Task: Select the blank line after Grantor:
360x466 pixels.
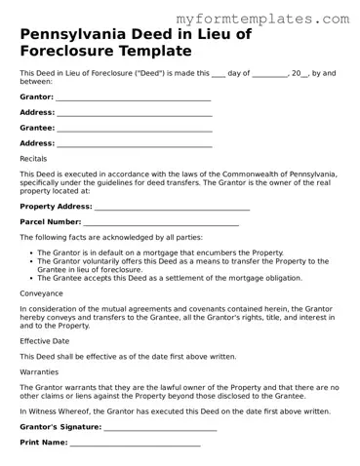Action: pyautogui.click(x=134, y=98)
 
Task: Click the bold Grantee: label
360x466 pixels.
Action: pyautogui.click(x=37, y=128)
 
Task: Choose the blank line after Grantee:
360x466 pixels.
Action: pyautogui.click(x=135, y=129)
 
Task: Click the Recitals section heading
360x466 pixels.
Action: pyautogui.click(x=33, y=158)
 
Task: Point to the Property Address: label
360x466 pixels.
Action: pyautogui.click(x=56, y=207)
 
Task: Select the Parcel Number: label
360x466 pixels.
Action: pyautogui.click(x=50, y=222)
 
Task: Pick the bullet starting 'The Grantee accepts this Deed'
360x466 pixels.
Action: pyautogui.click(x=154, y=276)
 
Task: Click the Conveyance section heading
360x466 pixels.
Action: pyautogui.click(x=42, y=292)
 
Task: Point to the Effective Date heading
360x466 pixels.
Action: pyautogui.click(x=45, y=342)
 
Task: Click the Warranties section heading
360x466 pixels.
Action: pyautogui.click(x=40, y=372)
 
